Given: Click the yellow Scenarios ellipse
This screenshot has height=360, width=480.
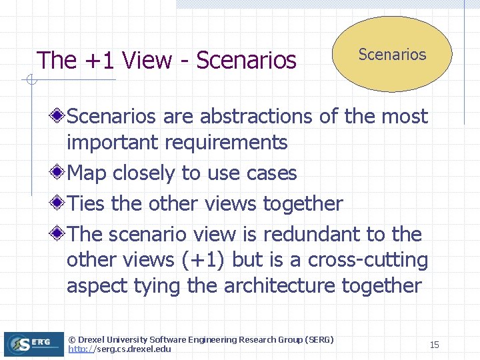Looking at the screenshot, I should point(392,55).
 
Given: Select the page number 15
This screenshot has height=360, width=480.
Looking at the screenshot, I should point(434,345).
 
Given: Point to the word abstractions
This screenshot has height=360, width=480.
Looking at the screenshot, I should point(256,116).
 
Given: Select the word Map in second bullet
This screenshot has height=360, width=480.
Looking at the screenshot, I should point(88,173).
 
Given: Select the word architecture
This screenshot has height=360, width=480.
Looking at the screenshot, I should point(280,285).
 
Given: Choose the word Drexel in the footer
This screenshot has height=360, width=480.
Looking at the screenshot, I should point(94,340).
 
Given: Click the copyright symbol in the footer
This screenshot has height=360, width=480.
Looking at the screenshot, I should point(72,340).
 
